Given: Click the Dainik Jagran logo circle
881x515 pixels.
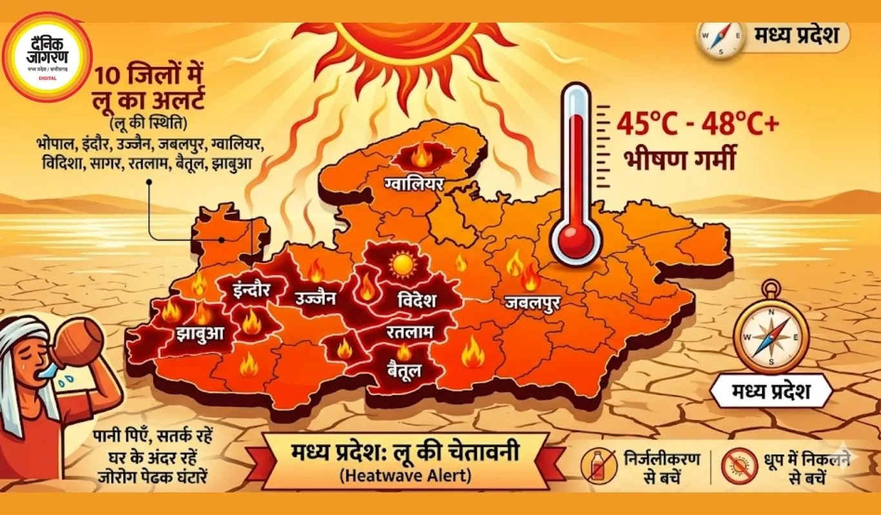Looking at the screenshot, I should point(47,57).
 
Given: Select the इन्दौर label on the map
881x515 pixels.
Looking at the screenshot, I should point(251,288).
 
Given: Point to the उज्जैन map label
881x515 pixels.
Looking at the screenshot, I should point(314,298).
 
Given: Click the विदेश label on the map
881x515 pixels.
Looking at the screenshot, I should point(408,300).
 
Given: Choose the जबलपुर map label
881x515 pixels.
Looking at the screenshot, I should point(532,301).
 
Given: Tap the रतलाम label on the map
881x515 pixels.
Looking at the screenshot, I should point(410,333).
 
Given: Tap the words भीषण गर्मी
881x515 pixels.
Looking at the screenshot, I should point(680,159).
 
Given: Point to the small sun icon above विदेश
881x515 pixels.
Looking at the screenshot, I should point(403,264).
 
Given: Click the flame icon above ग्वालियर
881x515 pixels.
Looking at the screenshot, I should point(421,156).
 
